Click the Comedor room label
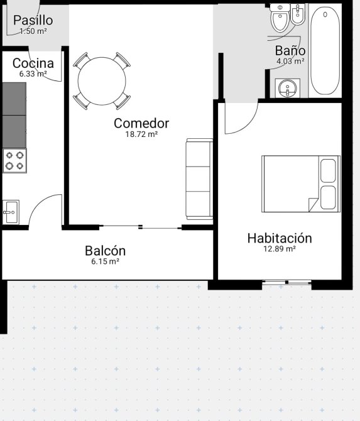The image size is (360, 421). pyautogui.click(x=141, y=123)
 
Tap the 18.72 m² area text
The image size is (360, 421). pyautogui.click(x=141, y=134)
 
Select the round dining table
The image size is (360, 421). pyautogui.click(x=102, y=81)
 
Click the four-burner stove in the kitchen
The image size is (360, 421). pyautogui.click(x=15, y=161)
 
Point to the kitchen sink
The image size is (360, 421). pyautogui.click(x=11, y=212)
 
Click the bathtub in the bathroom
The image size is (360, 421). pyautogui.click(x=325, y=51)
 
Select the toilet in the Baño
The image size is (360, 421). pyautogui.click(x=280, y=17)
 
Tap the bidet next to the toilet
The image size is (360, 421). pyautogui.click(x=298, y=14)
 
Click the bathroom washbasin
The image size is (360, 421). pyautogui.click(x=288, y=88)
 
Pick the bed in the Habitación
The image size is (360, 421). pyautogui.click(x=301, y=183)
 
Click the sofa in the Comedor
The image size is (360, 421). pyautogui.click(x=199, y=179)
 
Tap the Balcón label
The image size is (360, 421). pyautogui.click(x=105, y=251)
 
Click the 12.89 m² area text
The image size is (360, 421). pyautogui.click(x=280, y=249)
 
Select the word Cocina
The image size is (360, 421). pyautogui.click(x=33, y=63)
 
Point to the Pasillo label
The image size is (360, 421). pyautogui.click(x=33, y=20)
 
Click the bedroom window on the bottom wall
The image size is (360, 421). pyautogui.click(x=286, y=282)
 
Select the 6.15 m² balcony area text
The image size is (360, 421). pyautogui.click(x=105, y=261)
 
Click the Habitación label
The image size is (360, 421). pyautogui.click(x=280, y=238)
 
